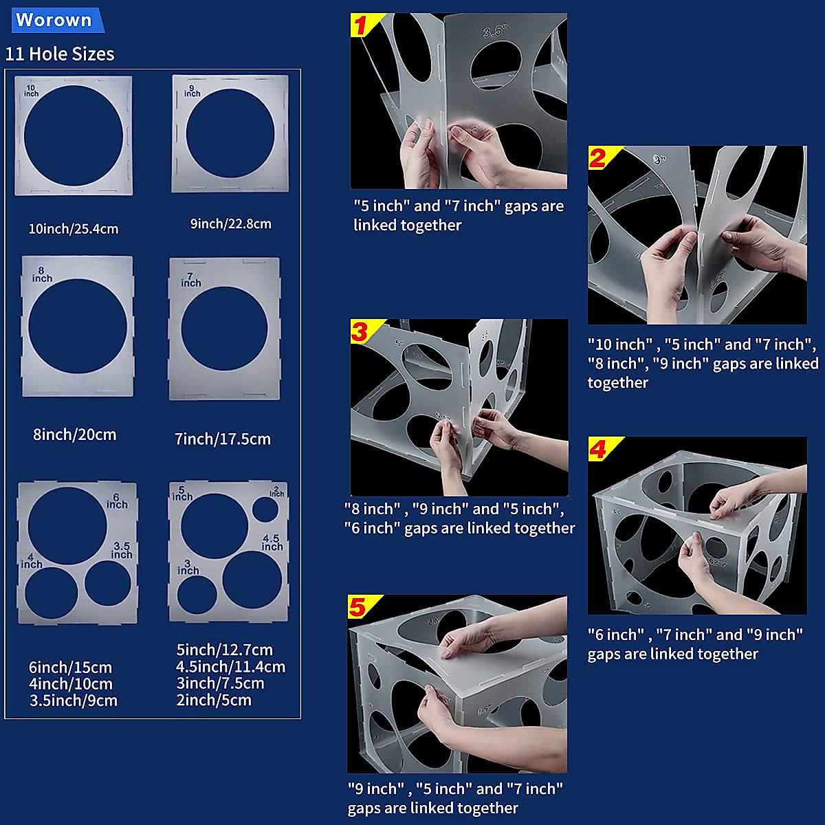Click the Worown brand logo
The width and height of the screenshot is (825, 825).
point(55,20)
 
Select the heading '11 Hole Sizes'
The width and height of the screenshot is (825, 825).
point(60,54)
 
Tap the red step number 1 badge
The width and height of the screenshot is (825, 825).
point(362,25)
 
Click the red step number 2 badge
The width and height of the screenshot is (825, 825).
point(599,158)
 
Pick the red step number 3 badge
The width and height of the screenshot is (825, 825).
point(361,331)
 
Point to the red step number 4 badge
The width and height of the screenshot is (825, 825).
point(599,449)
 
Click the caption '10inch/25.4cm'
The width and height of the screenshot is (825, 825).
point(74,228)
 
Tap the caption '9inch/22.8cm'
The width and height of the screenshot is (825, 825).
point(231,223)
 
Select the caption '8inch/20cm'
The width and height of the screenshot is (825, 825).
point(75,434)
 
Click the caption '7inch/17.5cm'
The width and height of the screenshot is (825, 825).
point(223,439)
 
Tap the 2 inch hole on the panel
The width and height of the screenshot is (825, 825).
point(265,509)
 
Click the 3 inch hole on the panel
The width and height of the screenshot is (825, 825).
point(197,595)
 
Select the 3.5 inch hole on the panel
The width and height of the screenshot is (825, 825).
point(108,583)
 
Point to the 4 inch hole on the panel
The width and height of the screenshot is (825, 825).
point(52,593)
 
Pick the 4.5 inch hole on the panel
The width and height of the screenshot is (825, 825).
point(252,579)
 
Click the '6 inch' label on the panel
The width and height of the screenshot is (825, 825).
point(117,500)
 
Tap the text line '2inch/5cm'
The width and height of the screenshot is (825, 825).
point(214,701)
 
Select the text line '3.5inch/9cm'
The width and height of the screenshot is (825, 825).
point(74,701)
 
